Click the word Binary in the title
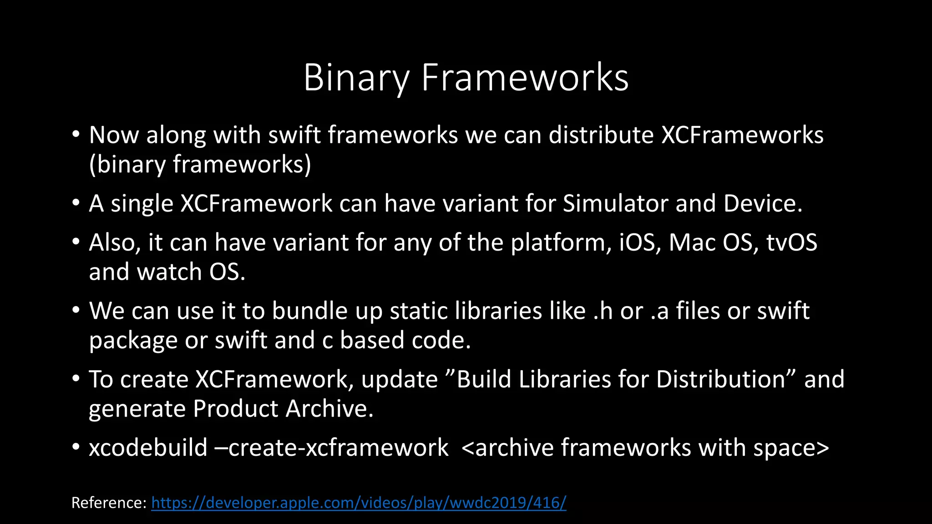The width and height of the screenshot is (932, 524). (x=356, y=78)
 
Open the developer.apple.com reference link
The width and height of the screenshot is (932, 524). (x=359, y=503)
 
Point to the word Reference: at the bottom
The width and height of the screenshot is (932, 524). (x=109, y=503)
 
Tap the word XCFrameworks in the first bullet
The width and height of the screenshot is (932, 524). (x=742, y=135)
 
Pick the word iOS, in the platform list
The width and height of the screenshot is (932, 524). (x=640, y=242)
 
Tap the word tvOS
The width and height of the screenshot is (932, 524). (x=791, y=242)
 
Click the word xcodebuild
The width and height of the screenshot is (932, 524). (x=148, y=448)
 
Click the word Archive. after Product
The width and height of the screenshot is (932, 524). (x=329, y=409)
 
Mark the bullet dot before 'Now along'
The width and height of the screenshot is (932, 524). (x=76, y=135)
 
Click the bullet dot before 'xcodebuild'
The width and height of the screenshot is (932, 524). (x=76, y=448)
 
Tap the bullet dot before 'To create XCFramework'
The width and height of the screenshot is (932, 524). (x=76, y=379)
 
